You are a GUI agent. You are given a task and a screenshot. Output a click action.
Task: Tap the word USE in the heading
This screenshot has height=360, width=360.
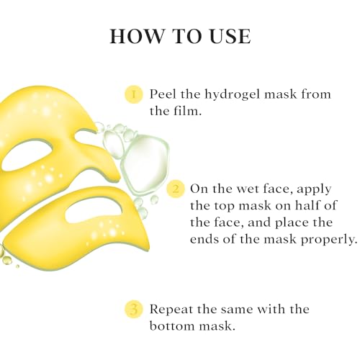230,36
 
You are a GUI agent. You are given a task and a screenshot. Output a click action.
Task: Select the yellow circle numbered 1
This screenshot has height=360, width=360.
134,94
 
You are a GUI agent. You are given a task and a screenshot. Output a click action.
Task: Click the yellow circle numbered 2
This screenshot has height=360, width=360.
176,189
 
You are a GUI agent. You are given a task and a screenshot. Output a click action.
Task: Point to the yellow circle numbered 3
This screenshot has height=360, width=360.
134,310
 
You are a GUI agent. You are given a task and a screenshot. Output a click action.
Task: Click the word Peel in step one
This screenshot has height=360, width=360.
163,94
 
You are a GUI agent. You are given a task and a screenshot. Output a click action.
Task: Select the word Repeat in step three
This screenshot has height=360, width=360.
171,310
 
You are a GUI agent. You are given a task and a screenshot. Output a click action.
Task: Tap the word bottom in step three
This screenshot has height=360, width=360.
173,325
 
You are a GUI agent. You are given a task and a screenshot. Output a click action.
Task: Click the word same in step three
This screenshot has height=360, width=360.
237,310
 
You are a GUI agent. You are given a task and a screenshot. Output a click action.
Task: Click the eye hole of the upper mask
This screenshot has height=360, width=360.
27,156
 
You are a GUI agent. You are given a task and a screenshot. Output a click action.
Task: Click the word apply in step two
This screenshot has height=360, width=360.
314,190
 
